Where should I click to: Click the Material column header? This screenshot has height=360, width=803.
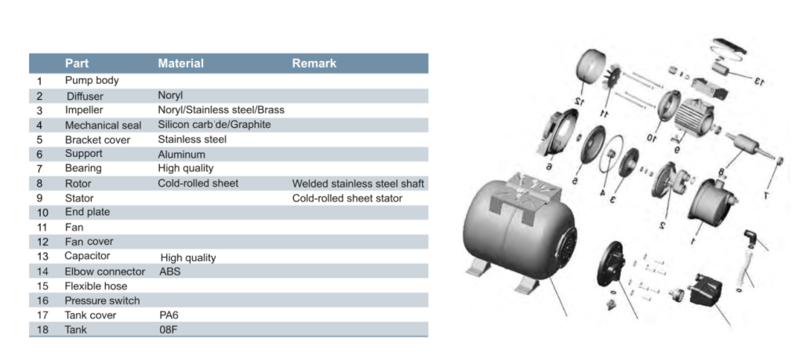pos(181,64)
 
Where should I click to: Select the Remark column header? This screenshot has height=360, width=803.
pos(314,64)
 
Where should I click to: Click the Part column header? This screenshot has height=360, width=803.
pos(77,64)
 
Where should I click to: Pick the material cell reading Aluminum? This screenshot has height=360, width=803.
pos(181,155)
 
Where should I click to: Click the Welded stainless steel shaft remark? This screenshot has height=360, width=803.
pos(358,184)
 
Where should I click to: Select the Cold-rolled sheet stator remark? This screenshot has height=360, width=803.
pos(347,198)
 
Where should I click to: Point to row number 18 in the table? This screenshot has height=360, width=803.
pos(42,329)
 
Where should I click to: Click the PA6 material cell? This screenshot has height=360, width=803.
pos(169,315)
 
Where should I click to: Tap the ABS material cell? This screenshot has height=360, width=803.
pos(170,271)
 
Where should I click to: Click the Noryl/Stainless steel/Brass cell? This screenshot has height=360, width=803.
pos(220,110)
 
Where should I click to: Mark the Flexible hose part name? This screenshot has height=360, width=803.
pos(96,285)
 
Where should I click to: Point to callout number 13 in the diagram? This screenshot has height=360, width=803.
pos(758,81)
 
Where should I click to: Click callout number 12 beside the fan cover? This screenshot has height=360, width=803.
pos(580,101)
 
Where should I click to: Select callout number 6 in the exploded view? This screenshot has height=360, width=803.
pos(549,166)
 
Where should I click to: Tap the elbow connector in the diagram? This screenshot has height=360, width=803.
pos(750,238)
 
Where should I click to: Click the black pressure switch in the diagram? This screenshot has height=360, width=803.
pos(705,290)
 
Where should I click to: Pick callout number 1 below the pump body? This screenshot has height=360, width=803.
pos(693,241)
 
